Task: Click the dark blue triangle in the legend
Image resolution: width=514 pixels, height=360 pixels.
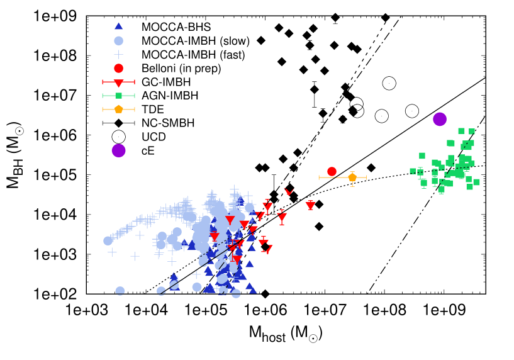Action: click(118, 26)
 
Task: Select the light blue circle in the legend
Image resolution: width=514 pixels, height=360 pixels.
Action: click(118, 41)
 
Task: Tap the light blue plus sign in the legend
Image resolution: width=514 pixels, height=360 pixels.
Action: click(118, 55)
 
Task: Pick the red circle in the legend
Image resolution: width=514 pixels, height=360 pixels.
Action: click(118, 68)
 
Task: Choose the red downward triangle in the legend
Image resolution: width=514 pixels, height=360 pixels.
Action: click(118, 82)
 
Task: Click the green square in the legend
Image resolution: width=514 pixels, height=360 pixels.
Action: click(118, 96)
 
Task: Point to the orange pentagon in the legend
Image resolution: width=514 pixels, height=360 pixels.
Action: click(118, 110)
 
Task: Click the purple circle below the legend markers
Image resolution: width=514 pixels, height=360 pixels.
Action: click(118, 150)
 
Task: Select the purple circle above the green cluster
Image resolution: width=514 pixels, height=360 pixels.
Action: click(440, 119)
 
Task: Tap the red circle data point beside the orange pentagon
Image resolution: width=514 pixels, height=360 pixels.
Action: click(332, 171)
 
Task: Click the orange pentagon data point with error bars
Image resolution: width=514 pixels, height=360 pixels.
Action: click(352, 177)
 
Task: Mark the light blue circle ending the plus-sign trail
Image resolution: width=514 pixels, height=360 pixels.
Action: click(108, 240)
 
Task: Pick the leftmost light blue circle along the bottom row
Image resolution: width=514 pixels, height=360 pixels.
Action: click(120, 291)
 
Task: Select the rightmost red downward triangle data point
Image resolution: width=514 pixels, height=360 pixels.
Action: click(310, 206)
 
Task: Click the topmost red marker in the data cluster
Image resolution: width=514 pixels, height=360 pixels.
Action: click(288, 191)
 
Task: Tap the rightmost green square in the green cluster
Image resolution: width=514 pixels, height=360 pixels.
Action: click(476, 182)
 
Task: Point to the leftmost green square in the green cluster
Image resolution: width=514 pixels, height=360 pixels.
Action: click(413, 171)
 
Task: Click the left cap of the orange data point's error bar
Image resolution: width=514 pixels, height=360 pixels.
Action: click(319, 177)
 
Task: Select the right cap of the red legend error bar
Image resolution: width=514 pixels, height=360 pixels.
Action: click(135, 82)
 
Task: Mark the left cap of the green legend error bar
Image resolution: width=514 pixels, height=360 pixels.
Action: click(103, 96)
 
